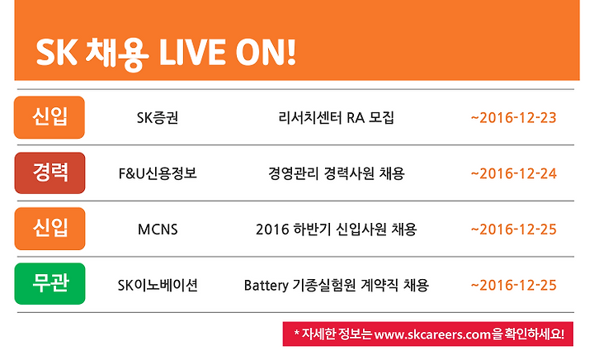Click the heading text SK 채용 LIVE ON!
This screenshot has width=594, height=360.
coord(166,53)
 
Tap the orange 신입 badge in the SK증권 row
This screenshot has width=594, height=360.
coord(49,117)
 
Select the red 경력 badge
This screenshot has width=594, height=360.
coord(49,173)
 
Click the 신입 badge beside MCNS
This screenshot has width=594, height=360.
coord(49,229)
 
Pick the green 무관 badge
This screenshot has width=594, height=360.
coord(49,284)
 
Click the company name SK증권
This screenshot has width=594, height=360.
coord(158,118)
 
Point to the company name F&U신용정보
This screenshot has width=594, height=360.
coord(158,173)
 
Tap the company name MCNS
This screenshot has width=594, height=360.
coord(158,230)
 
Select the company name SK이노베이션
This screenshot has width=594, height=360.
coord(158,286)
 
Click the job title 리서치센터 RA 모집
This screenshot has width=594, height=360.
coord(336,118)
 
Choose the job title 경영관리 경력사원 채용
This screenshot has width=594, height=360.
coord(336,173)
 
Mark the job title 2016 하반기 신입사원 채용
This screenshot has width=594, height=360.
coord(336,230)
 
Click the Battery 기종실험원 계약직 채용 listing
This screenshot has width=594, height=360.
coord(336,286)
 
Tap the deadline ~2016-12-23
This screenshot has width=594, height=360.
coord(513,118)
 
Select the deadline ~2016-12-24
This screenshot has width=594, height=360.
coord(513,173)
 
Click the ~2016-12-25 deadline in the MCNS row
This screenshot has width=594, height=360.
coord(513,230)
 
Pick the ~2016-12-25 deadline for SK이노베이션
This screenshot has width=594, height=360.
coord(513,286)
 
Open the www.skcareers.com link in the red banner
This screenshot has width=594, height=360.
coord(432,335)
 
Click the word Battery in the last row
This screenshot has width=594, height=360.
coord(266,286)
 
